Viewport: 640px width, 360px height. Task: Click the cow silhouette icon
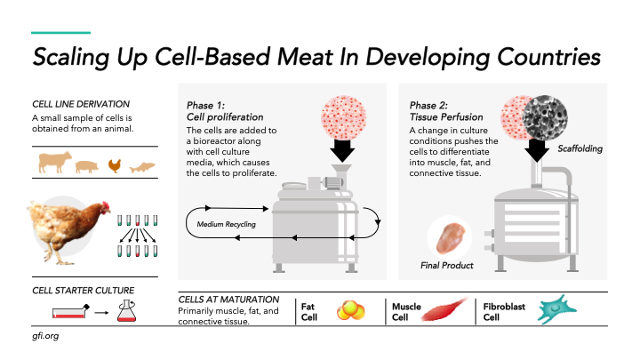pos(53,163)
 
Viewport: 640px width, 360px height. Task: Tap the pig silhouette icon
pos(86,164)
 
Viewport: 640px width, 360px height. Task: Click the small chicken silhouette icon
pos(114,164)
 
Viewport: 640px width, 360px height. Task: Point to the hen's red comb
pos(106,206)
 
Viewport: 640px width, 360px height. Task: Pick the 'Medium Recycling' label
pos(227,224)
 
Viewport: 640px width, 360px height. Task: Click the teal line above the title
pos(60,34)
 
